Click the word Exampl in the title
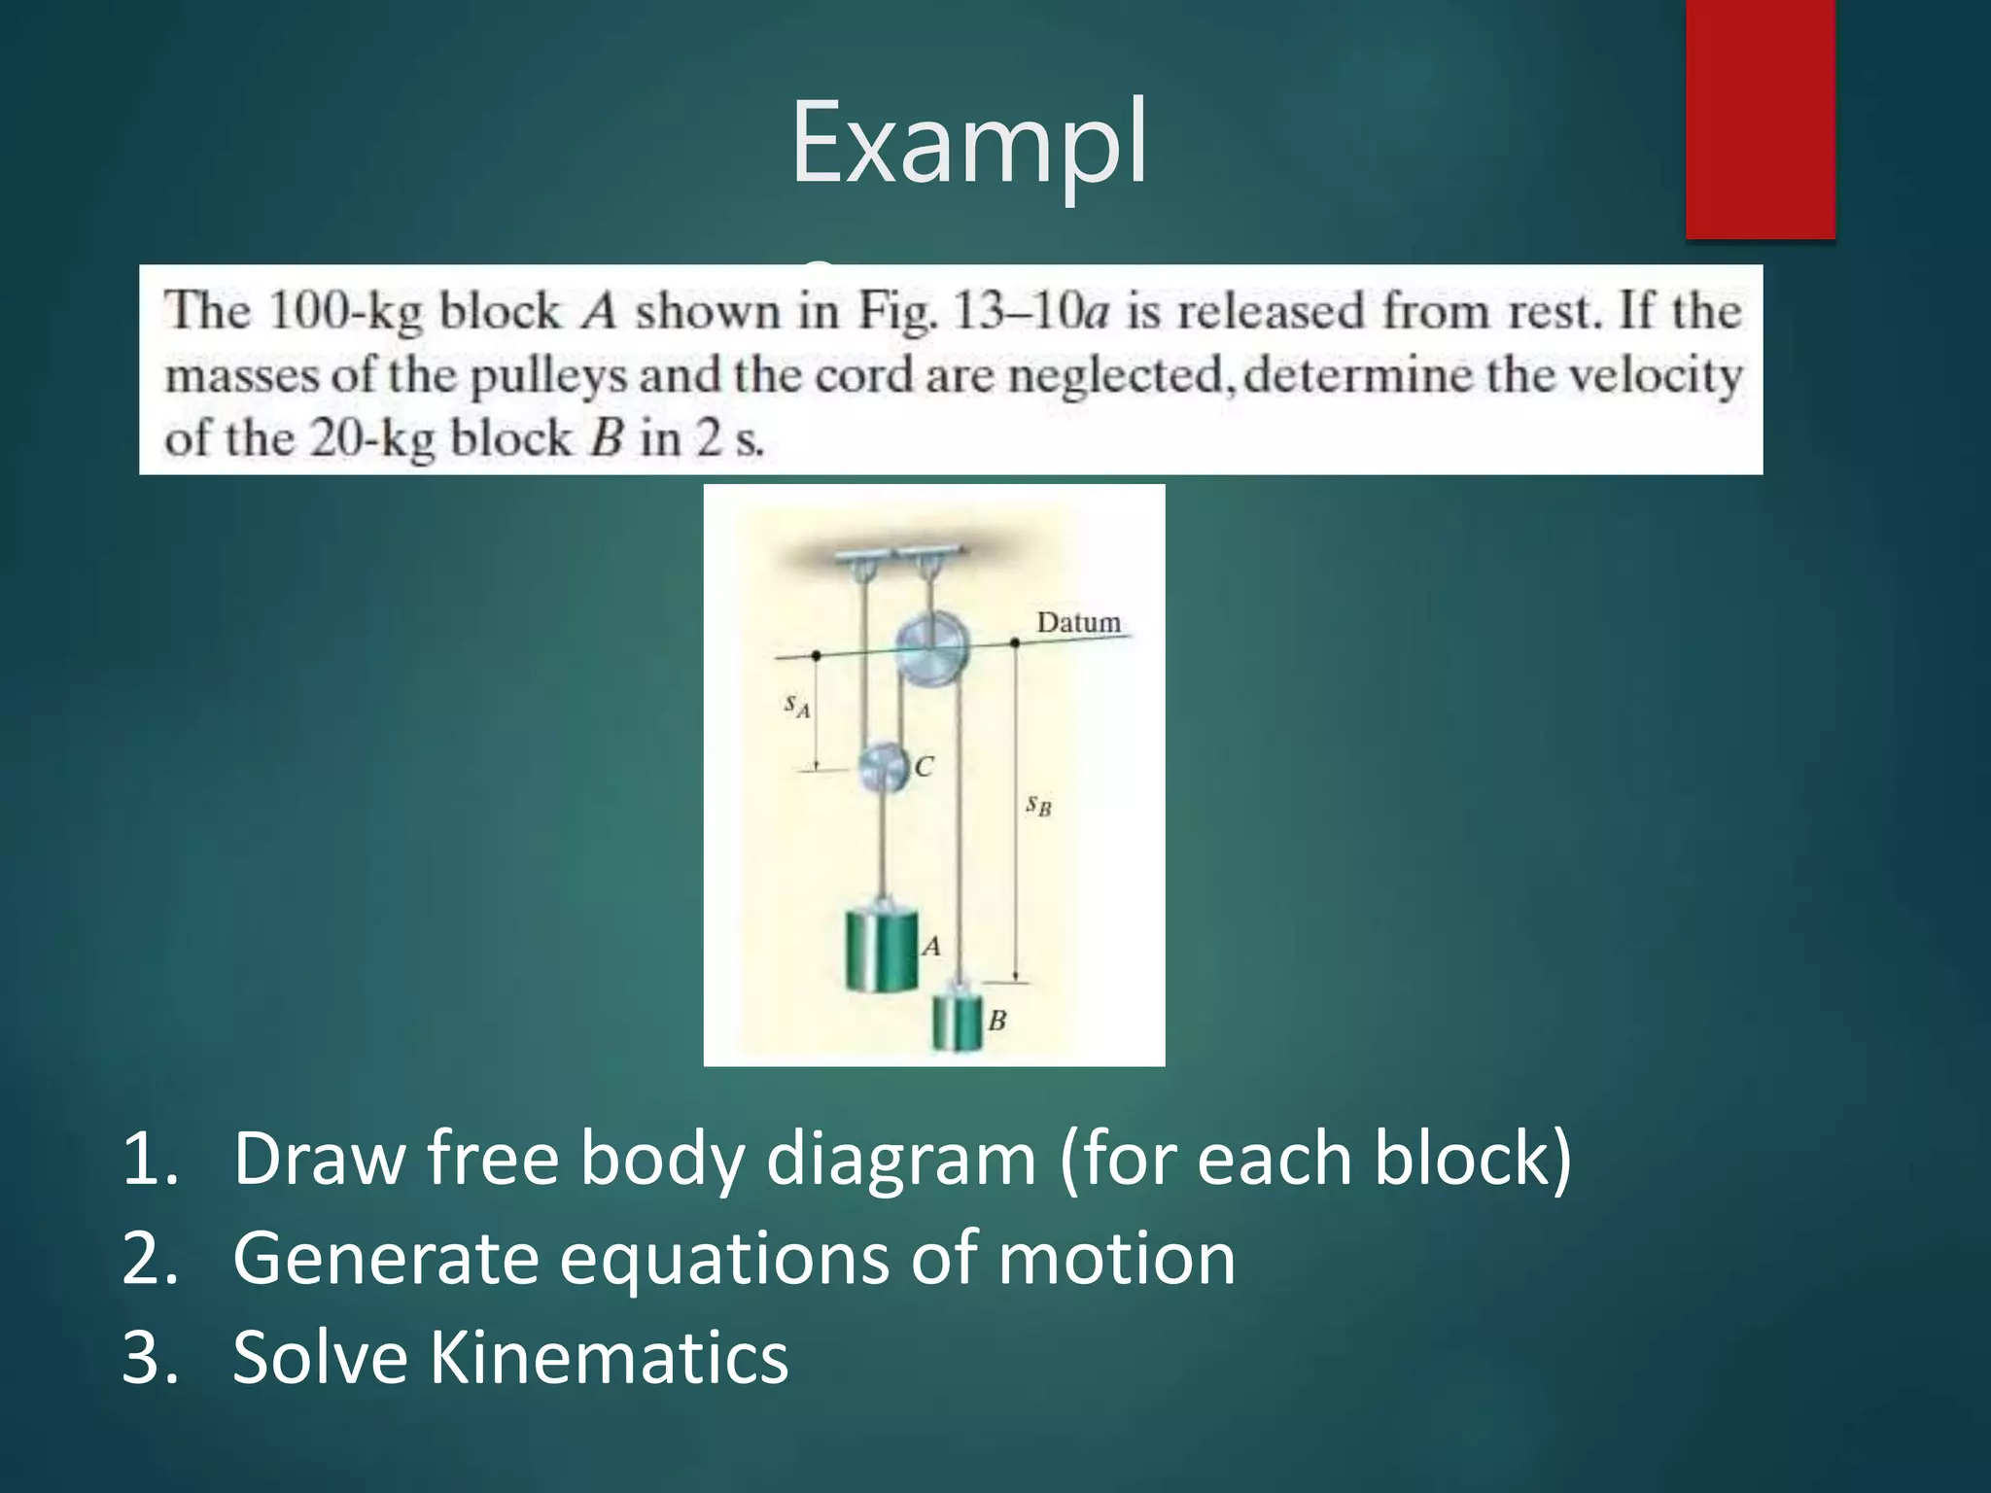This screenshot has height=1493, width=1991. [x=969, y=144]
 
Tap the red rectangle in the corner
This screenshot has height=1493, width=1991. [x=1760, y=119]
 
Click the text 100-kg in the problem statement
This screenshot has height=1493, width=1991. [x=344, y=312]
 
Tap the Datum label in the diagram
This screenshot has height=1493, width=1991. [x=1078, y=622]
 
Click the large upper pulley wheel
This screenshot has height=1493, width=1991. [x=932, y=647]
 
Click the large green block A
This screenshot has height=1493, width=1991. [x=881, y=950]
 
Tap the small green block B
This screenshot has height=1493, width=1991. [x=957, y=1020]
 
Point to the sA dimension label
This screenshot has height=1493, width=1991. [x=797, y=706]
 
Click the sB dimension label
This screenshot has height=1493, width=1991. [x=1038, y=805]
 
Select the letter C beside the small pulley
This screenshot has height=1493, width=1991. [x=924, y=767]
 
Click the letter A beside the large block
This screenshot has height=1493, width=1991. [x=931, y=946]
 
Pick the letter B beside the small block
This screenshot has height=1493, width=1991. [x=996, y=1021]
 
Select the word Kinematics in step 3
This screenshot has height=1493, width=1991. [x=609, y=1358]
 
